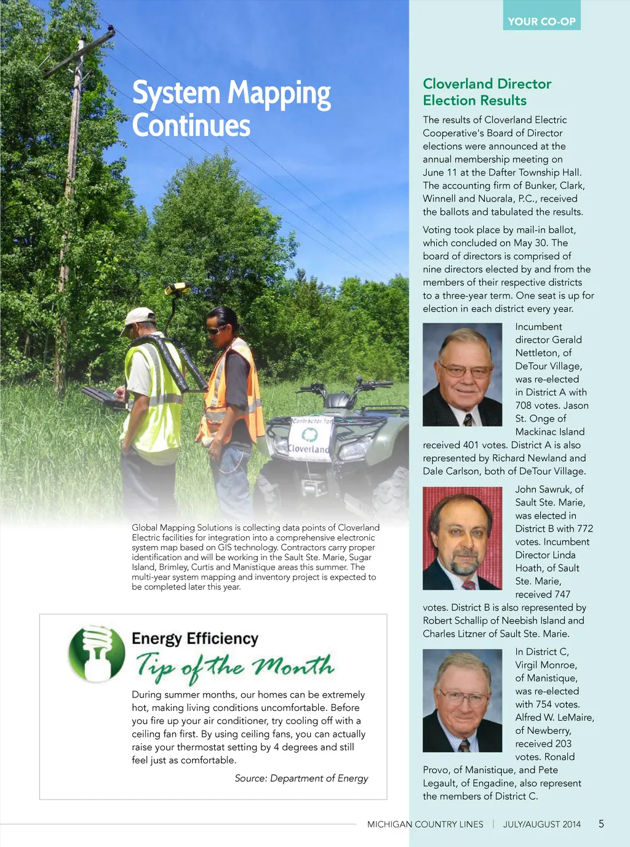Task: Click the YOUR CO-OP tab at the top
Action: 541,21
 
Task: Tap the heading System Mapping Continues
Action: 231,108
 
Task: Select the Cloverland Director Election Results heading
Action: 487,92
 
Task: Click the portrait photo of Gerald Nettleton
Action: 462,374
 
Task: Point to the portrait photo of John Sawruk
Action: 462,538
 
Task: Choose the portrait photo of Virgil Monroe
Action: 462,700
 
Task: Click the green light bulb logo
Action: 97,654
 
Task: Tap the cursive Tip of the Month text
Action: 234,667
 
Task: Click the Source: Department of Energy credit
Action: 301,778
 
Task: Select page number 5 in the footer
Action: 601,824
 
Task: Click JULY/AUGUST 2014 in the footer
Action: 541,824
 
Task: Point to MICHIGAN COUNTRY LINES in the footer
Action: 425,824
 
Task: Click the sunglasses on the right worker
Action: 216,330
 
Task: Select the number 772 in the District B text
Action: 585,528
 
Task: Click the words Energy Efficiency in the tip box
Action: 195,638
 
